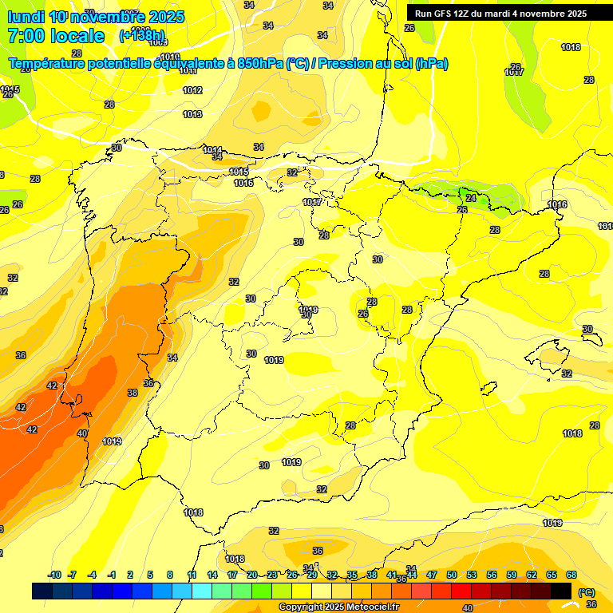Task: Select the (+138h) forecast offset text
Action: click(142, 36)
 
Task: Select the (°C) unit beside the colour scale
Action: click(586, 591)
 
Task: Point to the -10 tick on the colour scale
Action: click(54, 575)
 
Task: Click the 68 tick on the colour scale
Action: click(571, 575)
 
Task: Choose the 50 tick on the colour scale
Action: click(452, 575)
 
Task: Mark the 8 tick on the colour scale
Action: click(170, 575)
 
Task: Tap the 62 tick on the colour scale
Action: click(532, 575)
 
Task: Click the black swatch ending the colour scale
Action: click(562, 591)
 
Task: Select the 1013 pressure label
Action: click(192, 115)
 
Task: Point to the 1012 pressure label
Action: click(192, 91)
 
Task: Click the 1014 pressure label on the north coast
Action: click(212, 150)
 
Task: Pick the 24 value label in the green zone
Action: click(471, 198)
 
